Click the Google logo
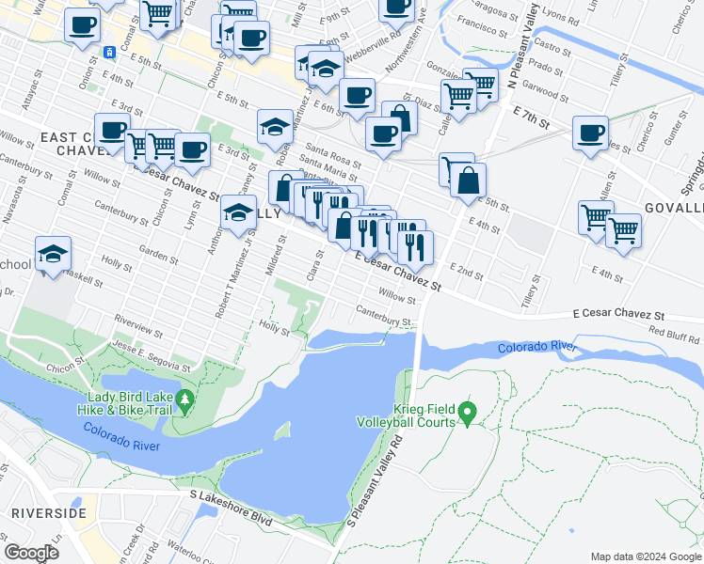(31, 554)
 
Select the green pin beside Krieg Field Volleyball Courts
(468, 412)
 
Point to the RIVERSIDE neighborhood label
(49, 513)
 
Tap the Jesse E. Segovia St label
(152, 357)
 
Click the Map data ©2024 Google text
(645, 556)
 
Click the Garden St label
(158, 254)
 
